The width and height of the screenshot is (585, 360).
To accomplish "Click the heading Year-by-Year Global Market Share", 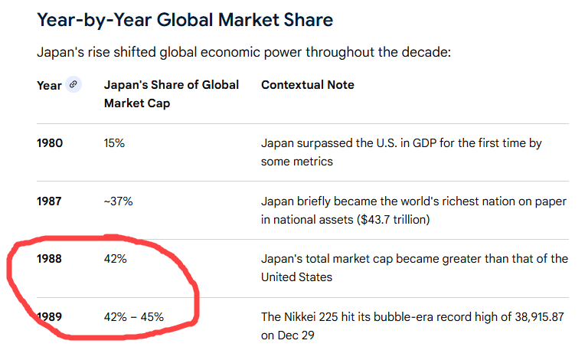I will pyautogui.click(x=185, y=20).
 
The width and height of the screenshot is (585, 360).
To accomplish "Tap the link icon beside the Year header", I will pyautogui.click(x=74, y=85).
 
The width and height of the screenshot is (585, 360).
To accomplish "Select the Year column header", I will pyautogui.click(x=49, y=85).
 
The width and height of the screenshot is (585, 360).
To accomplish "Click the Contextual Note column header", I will pyautogui.click(x=308, y=85).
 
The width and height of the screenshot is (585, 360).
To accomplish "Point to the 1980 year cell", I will pyautogui.click(x=50, y=143).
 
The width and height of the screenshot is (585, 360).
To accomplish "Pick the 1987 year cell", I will pyautogui.click(x=50, y=201).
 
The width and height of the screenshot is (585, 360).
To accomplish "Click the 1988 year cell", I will pyautogui.click(x=50, y=259).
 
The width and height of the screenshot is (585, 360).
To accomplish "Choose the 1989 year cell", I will pyautogui.click(x=50, y=316).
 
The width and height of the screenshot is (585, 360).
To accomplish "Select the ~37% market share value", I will pyautogui.click(x=119, y=201).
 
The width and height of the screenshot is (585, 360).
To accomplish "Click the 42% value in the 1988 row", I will pyautogui.click(x=116, y=259).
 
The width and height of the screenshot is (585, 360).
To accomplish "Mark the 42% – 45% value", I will pyautogui.click(x=134, y=316).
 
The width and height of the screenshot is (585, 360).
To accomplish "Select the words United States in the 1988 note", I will pyautogui.click(x=297, y=277).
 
